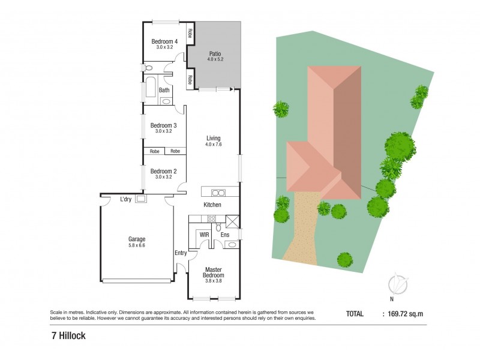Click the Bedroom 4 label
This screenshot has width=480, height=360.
click(x=164, y=41)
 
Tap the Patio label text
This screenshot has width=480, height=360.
click(x=214, y=53)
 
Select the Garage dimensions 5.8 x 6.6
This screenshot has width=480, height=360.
click(x=137, y=245)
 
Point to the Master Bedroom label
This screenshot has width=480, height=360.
click(x=214, y=272)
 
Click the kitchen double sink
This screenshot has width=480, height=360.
click(x=217, y=193)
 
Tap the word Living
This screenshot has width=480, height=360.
click(x=214, y=138)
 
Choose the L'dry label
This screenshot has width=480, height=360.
click(x=126, y=199)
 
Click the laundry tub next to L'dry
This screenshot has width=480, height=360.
click(x=142, y=199)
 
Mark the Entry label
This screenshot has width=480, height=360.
click(x=181, y=253)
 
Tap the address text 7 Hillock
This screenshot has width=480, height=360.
click(x=68, y=336)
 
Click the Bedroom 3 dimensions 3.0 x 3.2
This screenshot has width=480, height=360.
click(x=164, y=131)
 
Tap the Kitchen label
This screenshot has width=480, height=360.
click(x=212, y=205)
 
